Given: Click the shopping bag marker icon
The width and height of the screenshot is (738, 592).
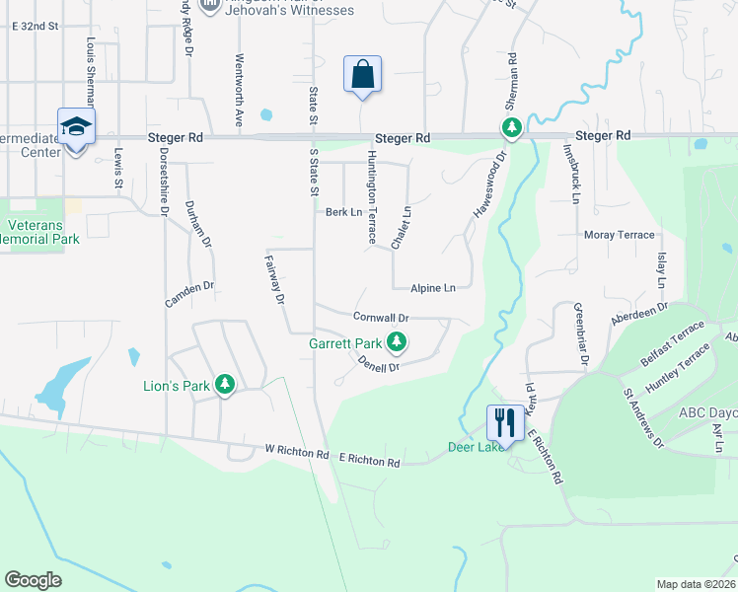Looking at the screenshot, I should click(x=362, y=74).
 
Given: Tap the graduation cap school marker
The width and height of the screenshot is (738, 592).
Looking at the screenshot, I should click(x=76, y=127).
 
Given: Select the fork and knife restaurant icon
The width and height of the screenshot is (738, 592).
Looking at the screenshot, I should click(x=504, y=422).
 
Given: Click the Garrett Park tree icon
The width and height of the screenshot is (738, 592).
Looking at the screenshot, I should click(x=397, y=343).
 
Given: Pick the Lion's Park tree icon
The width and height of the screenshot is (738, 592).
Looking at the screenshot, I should click(x=226, y=385).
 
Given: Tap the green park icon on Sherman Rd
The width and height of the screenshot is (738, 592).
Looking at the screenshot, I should click(x=511, y=127).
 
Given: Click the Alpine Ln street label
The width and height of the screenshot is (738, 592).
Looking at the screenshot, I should click(x=433, y=288).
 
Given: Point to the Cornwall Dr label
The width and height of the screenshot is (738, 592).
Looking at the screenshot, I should click(x=381, y=318).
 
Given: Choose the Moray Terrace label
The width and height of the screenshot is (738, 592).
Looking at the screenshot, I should click(x=619, y=235).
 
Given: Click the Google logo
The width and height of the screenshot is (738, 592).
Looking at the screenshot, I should click(x=33, y=579).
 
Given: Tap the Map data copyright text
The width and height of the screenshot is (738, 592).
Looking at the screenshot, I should click(x=695, y=584).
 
